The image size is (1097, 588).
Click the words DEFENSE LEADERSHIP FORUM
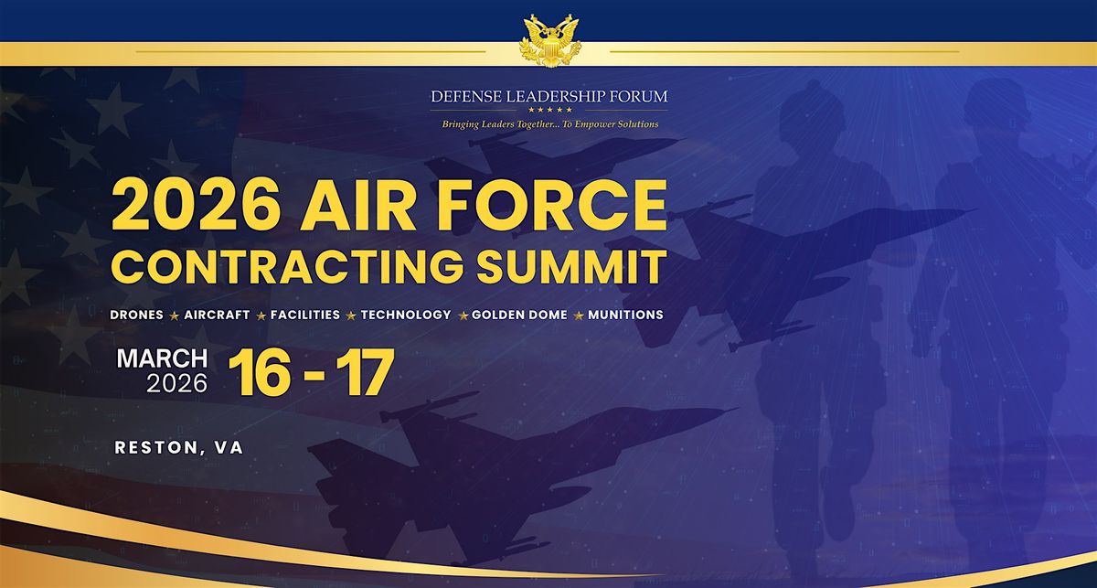(549, 94)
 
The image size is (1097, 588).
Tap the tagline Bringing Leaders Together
(549, 124)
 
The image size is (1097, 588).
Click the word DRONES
(136, 315)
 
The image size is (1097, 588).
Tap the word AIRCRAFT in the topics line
(217, 315)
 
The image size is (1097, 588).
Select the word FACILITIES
(305, 315)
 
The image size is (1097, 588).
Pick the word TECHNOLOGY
(406, 315)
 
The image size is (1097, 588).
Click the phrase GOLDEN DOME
(519, 315)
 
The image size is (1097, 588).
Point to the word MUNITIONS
(625, 315)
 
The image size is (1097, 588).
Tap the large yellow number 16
(261, 373)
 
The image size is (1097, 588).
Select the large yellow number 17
(361, 373)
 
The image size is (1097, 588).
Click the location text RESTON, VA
(179, 447)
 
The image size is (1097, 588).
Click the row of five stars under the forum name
(549, 110)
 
